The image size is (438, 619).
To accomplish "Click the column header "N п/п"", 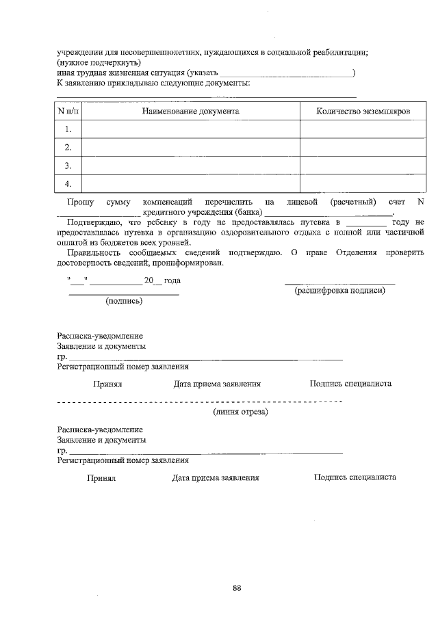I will click(68, 111).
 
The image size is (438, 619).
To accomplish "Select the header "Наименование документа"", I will click(190, 111).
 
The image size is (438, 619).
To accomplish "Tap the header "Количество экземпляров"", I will click(363, 111).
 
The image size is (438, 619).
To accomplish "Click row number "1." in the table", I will click(68, 129).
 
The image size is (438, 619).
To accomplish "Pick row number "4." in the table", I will click(68, 184).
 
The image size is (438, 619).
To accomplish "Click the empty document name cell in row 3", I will click(190, 166).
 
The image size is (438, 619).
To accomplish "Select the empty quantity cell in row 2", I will click(363, 147).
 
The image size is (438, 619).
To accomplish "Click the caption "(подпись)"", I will click(123, 301).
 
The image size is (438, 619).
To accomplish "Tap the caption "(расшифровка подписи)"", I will click(339, 291).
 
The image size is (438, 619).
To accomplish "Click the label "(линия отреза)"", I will click(240, 412).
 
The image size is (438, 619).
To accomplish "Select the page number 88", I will click(237, 588).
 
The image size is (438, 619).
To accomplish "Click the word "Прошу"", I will click(81, 202).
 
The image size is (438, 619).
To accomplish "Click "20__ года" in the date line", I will click(162, 280).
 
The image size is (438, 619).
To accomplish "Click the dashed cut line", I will click(198, 401).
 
